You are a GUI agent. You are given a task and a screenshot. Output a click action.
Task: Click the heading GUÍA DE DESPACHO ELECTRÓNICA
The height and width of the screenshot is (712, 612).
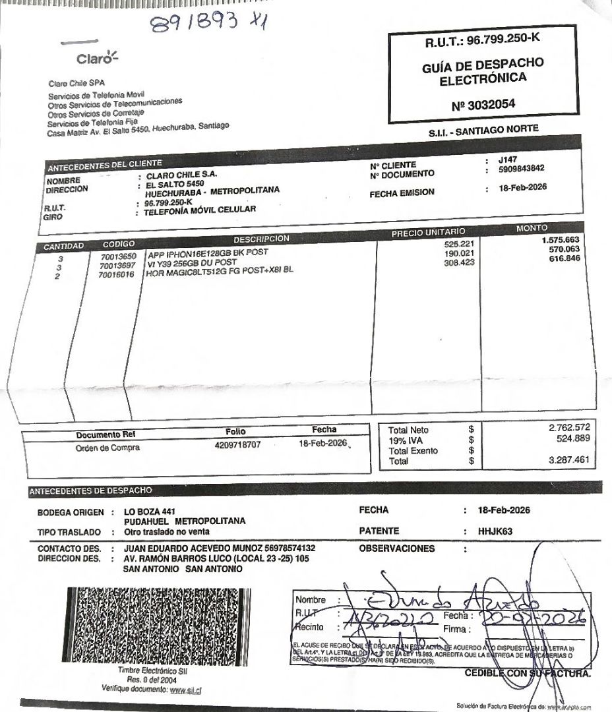pos(483,71)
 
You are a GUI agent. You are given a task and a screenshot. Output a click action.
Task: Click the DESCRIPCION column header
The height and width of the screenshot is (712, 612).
pos(261,238)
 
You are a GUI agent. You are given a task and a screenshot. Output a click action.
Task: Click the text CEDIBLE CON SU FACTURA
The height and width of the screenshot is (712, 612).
pos(528,673)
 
